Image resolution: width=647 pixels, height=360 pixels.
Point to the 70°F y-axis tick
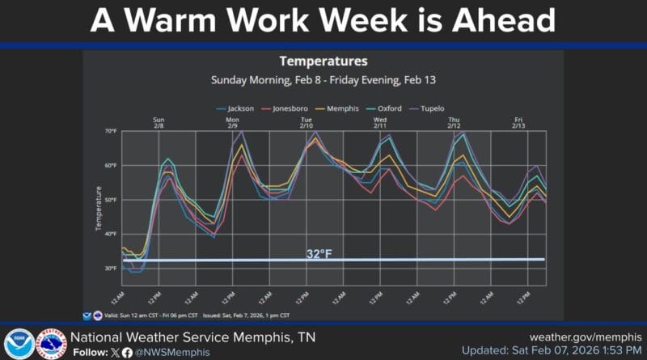tap(111, 131)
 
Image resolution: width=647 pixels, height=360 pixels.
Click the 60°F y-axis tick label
tap(111, 166)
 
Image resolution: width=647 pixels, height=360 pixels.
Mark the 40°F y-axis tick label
tap(111, 234)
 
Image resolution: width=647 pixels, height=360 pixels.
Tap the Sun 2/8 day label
tap(159, 123)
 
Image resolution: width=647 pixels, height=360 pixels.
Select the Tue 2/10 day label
tap(307, 123)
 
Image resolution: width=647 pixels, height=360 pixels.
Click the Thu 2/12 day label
tap(454, 123)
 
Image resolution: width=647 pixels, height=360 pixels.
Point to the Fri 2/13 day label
tap(518, 123)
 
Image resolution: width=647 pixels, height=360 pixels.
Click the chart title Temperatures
tap(323, 61)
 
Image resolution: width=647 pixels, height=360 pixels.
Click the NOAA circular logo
tap(19, 344)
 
